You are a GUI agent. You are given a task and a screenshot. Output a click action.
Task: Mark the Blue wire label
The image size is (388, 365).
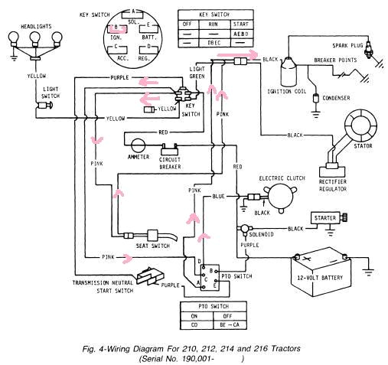(219, 197)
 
